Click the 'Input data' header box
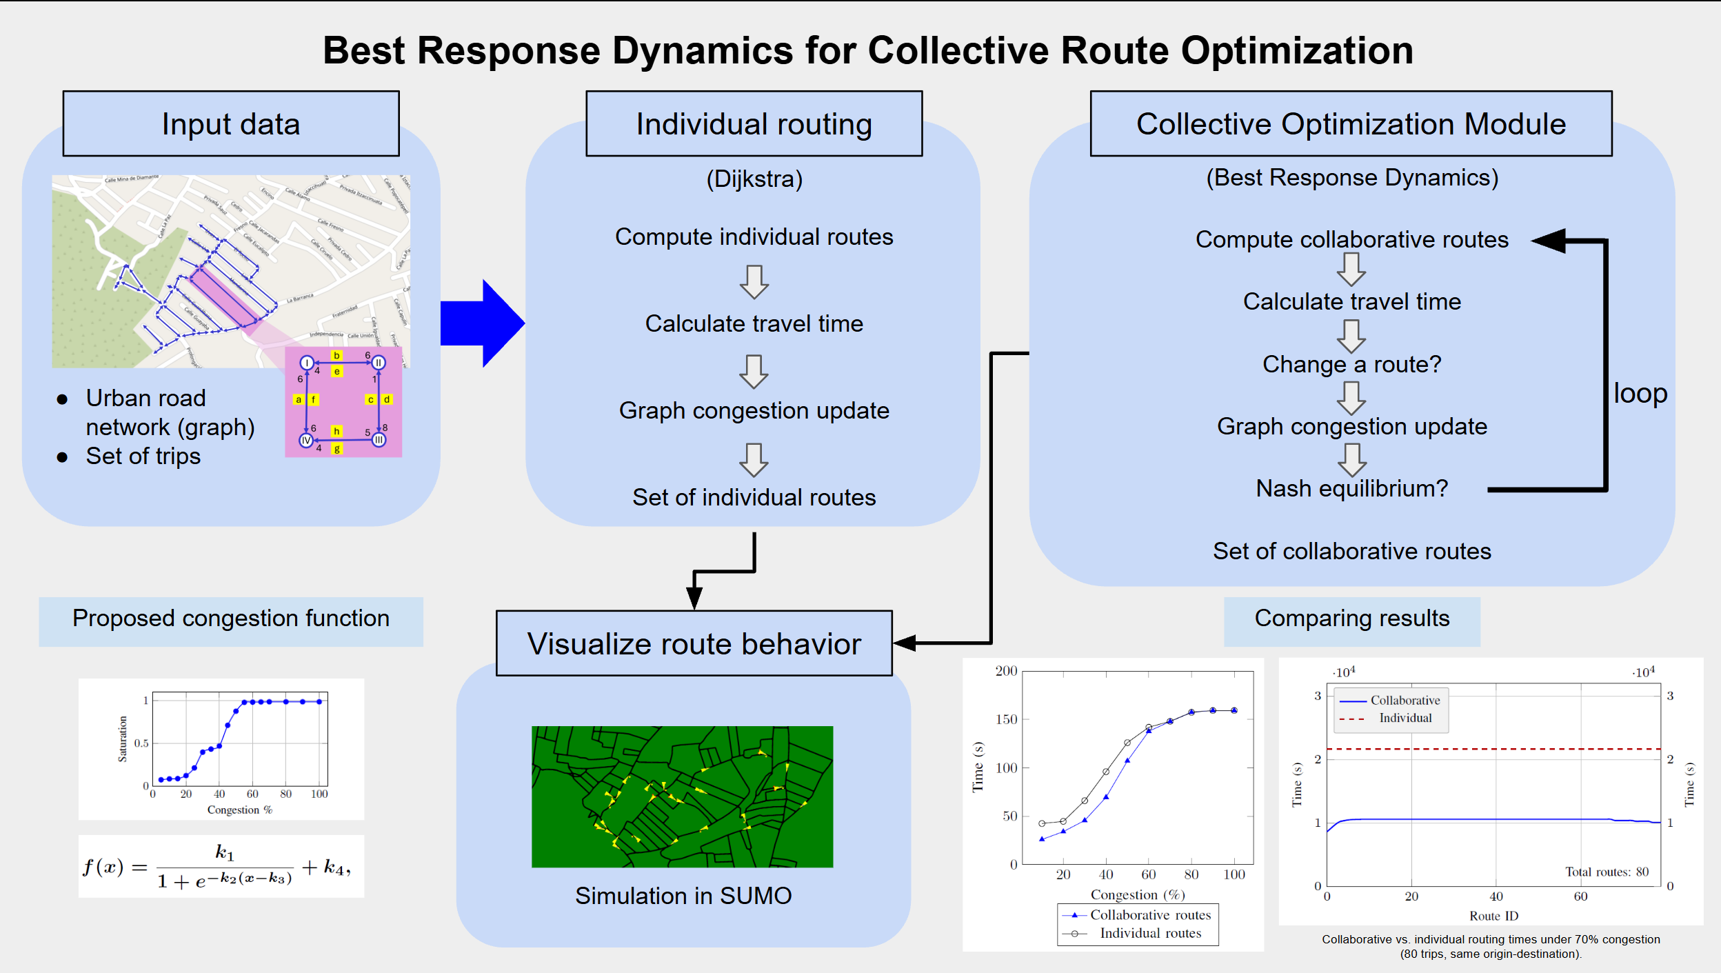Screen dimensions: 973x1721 (x=231, y=124)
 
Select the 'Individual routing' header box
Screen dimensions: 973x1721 (x=754, y=124)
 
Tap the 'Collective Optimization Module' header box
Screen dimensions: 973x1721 (x=1351, y=124)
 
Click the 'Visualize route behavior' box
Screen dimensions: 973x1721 (x=694, y=643)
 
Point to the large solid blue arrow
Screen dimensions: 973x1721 (x=483, y=323)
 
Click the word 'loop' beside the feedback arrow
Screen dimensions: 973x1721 (x=1640, y=393)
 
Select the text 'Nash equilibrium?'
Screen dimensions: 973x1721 (x=1351, y=488)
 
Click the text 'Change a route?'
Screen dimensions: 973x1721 (x=1351, y=364)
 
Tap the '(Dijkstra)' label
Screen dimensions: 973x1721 (x=754, y=179)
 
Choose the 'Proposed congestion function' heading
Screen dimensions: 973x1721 (x=231, y=619)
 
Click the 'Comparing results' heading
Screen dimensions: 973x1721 (x=1351, y=619)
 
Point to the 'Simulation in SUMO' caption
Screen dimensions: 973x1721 (x=683, y=896)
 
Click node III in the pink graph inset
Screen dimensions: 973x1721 (x=379, y=440)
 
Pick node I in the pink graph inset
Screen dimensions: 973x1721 (x=307, y=363)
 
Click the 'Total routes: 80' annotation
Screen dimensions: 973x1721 (x=1607, y=872)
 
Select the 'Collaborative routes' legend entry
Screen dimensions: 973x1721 (x=1150, y=915)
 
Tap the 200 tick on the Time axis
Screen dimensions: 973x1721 (x=1006, y=671)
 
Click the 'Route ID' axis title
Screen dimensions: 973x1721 (x=1493, y=916)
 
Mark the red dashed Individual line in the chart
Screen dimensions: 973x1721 (x=1517, y=749)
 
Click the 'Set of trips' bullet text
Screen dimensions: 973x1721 (x=143, y=457)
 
